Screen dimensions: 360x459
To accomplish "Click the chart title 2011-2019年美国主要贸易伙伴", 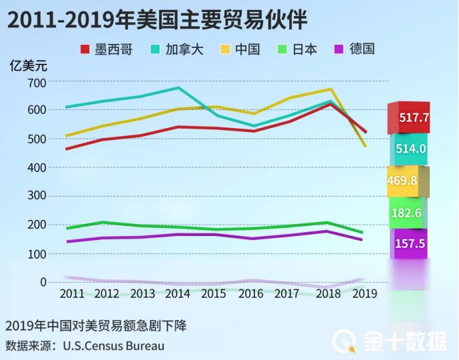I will pos(158,19).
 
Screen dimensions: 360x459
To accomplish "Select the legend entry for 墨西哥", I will pos(106,49).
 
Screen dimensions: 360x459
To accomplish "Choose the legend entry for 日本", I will pos(301,49).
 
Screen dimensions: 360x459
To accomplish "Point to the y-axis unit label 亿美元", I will pos(29,65).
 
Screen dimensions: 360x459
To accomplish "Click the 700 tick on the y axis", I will pos(37,82).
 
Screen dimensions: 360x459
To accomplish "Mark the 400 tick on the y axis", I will pos(37,168).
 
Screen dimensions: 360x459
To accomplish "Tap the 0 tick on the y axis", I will pos(43,283).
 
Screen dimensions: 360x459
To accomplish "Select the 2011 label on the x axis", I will pos(72,293).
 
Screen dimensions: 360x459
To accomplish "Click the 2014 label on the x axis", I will pos(177,293).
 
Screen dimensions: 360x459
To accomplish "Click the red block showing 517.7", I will pos(408,118).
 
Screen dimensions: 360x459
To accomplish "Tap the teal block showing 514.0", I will pos(408,149).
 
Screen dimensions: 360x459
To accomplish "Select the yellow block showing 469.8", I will pos(407,181).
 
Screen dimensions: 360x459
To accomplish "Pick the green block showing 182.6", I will pos(407,213).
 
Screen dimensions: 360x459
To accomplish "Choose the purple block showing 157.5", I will pos(408,243).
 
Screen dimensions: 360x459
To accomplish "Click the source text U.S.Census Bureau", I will pos(113,345).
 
